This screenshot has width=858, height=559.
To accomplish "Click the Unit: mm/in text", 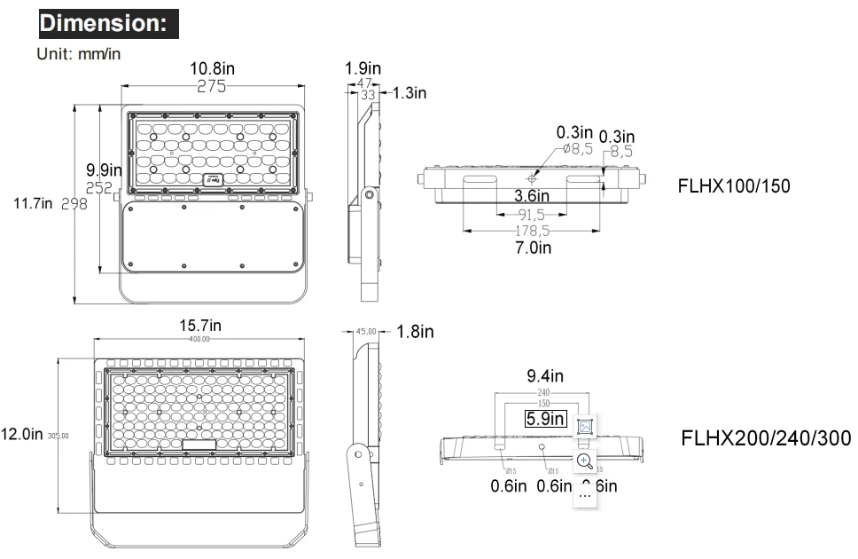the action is pyautogui.click(x=79, y=53).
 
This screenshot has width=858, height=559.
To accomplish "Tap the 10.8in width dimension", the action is pyautogui.click(x=213, y=69).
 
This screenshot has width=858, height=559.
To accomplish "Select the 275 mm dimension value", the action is pyautogui.click(x=212, y=87).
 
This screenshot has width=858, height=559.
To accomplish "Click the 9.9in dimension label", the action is pyautogui.click(x=104, y=169).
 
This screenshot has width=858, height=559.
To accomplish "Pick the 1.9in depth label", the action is pyautogui.click(x=363, y=68).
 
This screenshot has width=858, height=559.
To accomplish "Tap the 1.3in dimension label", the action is pyautogui.click(x=409, y=93).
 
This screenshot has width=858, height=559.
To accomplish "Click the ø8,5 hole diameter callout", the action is pyautogui.click(x=576, y=149).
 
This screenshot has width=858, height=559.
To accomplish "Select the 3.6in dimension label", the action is pyautogui.click(x=533, y=195).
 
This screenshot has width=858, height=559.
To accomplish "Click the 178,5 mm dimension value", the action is pyautogui.click(x=533, y=231).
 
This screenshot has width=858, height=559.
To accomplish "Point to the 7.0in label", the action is pyautogui.click(x=533, y=248).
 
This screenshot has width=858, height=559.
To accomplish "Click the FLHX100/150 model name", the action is pyautogui.click(x=733, y=186).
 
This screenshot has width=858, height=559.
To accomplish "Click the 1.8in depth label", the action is pyautogui.click(x=415, y=332).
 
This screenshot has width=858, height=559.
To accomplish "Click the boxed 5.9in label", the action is pyautogui.click(x=545, y=419).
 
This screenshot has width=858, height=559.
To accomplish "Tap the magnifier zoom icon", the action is pyautogui.click(x=584, y=460).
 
